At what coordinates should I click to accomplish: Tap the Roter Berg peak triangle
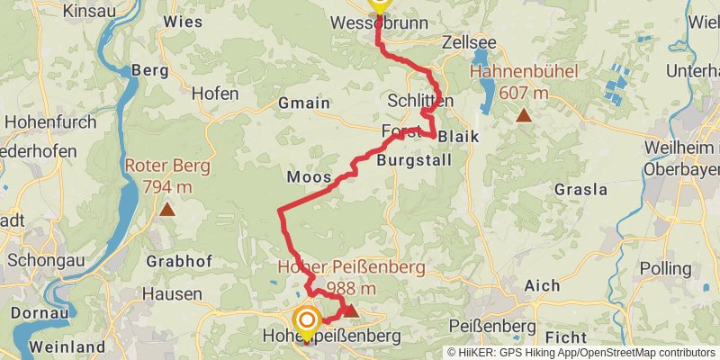click(x=167, y=210)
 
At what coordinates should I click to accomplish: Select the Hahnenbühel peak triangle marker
click(x=523, y=114)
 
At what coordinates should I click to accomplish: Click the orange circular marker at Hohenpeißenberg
click(x=307, y=320)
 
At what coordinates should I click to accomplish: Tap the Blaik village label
click(x=460, y=136)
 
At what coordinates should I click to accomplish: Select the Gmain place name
click(x=304, y=103)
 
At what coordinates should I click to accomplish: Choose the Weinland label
click(x=62, y=346)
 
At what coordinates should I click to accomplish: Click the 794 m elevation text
click(x=167, y=186)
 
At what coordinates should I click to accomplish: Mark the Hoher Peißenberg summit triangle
click(x=351, y=311)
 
